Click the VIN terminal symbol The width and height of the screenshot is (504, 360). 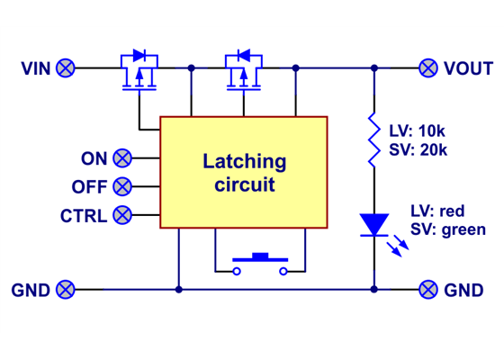pyautogui.click(x=66, y=67)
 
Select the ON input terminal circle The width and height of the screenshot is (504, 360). pyautogui.click(x=122, y=158)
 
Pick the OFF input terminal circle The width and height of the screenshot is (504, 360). pyautogui.click(x=122, y=186)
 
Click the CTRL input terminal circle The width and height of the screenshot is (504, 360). pyautogui.click(x=122, y=215)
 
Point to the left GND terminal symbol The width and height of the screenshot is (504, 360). pyautogui.click(x=66, y=290)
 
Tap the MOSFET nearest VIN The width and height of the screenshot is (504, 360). pyautogui.click(x=139, y=72)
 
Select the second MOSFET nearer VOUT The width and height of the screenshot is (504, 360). pyautogui.click(x=243, y=72)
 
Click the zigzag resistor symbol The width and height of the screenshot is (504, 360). pyautogui.click(x=373, y=139)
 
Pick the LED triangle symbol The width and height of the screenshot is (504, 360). pyautogui.click(x=373, y=223)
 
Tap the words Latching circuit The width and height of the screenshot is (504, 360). pyautogui.click(x=244, y=173)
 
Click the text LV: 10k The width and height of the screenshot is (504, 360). pyautogui.click(x=418, y=131)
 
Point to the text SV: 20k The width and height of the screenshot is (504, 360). pyautogui.click(x=418, y=149)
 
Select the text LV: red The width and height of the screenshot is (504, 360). pyautogui.click(x=436, y=211)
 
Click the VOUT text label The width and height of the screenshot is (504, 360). pyautogui.click(x=468, y=68)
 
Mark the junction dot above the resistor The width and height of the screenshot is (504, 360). pyautogui.click(x=373, y=67)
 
